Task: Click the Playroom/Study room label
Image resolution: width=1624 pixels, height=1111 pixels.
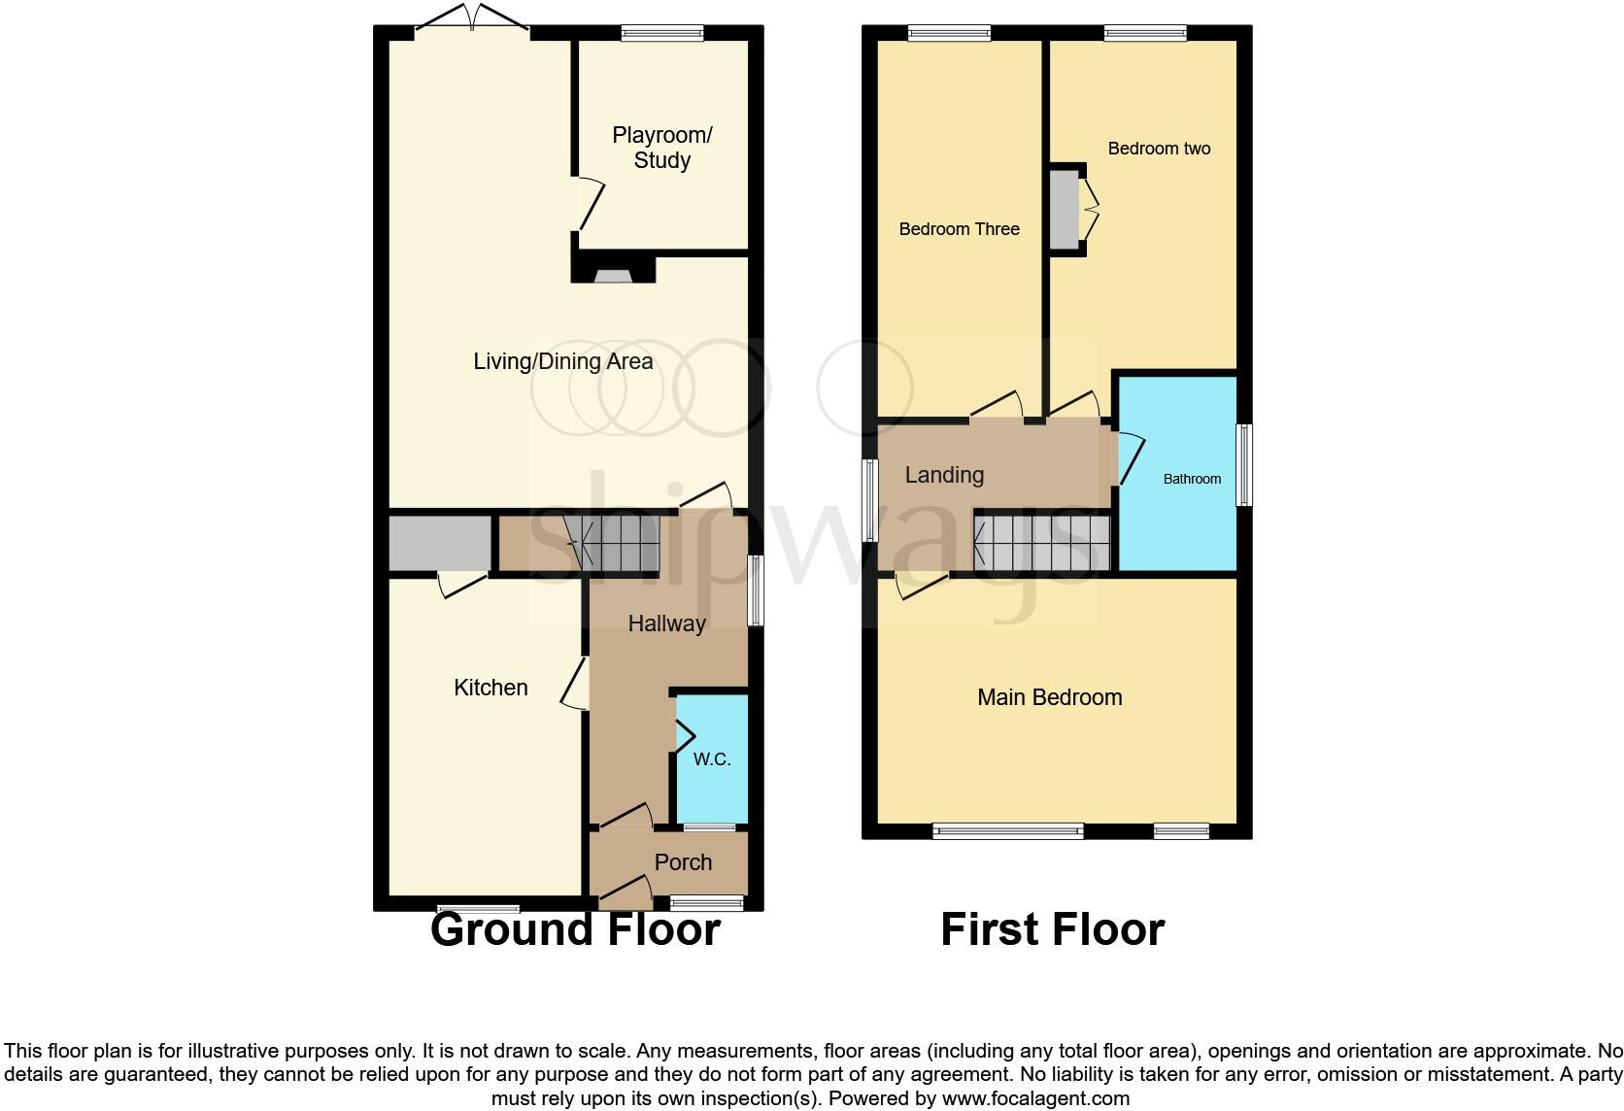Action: point(661,148)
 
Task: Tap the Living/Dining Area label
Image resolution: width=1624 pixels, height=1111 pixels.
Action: point(562,361)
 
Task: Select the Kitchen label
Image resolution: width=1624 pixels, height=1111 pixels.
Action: point(491,688)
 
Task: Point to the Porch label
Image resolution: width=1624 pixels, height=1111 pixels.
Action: point(683,862)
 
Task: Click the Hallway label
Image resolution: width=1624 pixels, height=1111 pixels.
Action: point(666,623)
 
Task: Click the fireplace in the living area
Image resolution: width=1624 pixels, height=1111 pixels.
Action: point(613,273)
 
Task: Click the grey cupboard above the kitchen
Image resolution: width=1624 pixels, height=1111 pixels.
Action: point(439,544)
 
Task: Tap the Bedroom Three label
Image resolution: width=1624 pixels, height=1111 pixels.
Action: point(959,229)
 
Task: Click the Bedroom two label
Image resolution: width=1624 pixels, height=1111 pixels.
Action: point(1159,149)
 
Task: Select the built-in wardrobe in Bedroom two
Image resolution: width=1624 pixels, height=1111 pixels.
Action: point(1065,209)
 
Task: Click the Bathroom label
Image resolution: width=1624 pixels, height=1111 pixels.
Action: point(1192,479)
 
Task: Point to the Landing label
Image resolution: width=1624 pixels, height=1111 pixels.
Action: point(944,475)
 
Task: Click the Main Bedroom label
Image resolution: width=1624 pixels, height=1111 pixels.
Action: point(1049,697)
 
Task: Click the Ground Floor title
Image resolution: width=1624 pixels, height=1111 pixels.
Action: point(575,929)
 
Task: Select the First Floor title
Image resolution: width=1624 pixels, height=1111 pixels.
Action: point(1052,929)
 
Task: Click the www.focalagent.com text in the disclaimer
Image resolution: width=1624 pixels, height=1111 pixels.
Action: point(1035,1099)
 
